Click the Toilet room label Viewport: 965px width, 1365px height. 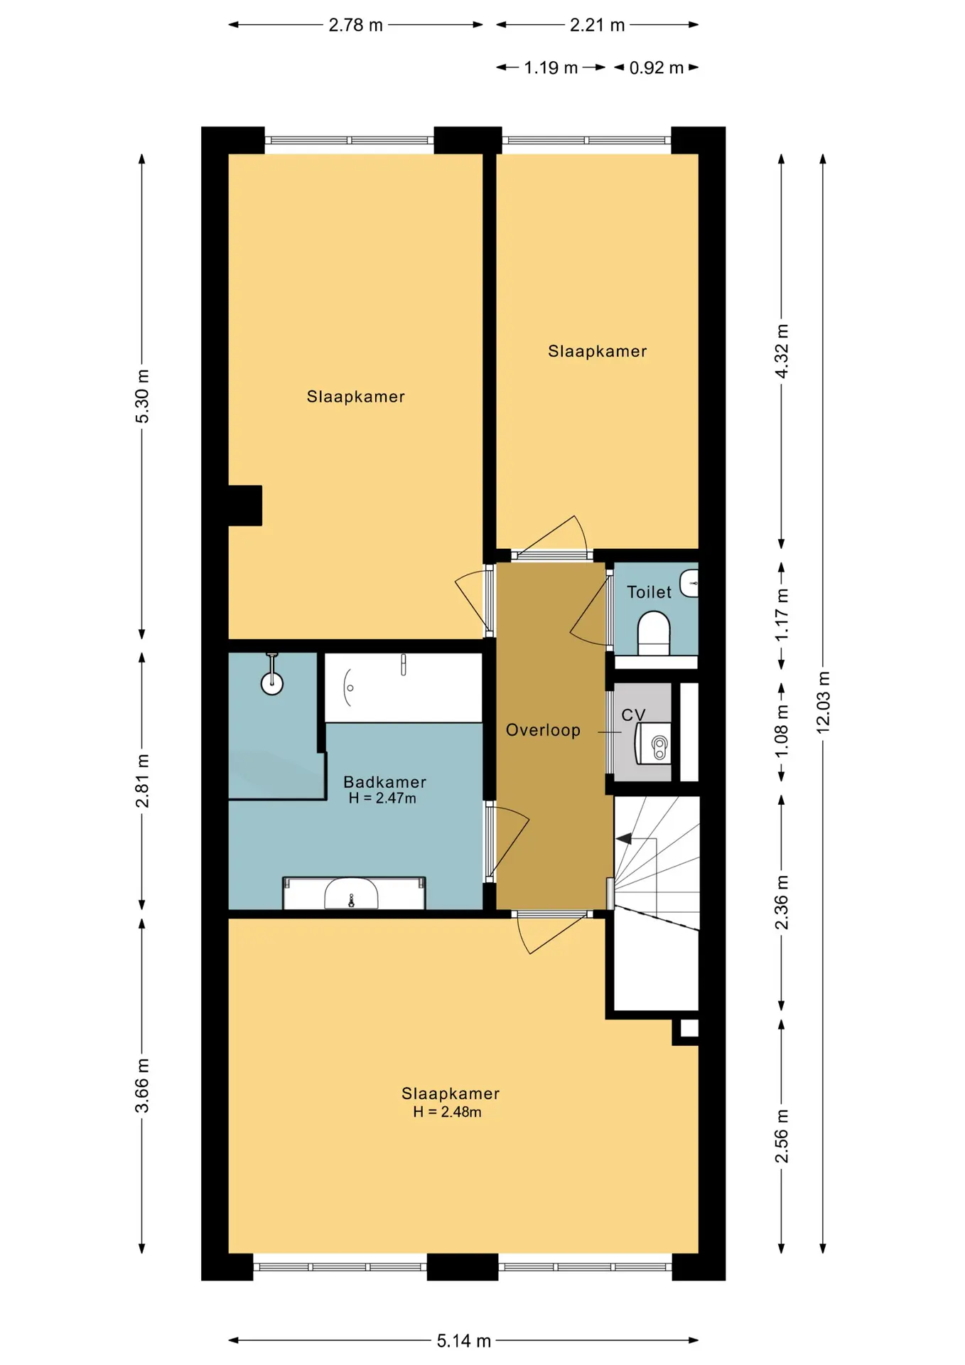point(649,591)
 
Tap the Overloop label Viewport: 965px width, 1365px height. point(543,730)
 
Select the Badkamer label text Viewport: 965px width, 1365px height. point(384,782)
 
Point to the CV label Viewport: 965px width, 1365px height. point(633,715)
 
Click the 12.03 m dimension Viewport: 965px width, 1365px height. point(823,702)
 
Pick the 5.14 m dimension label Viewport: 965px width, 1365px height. point(463,1341)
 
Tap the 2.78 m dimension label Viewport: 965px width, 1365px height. point(355,26)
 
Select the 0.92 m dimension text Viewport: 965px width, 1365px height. point(657,68)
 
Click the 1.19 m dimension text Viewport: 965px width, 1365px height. point(551,68)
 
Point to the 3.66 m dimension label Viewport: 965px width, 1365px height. point(142,1086)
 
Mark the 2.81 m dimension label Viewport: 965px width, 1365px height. point(142,781)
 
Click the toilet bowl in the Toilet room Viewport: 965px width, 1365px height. point(654,634)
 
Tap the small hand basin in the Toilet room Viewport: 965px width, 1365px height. point(689,583)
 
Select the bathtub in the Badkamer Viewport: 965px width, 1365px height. point(404,687)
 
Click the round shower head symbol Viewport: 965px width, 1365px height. point(272,684)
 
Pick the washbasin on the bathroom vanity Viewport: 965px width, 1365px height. point(351,894)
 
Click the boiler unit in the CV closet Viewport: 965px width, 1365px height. point(653,744)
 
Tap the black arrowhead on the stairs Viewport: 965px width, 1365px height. point(623,839)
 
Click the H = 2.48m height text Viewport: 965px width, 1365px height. point(447,1112)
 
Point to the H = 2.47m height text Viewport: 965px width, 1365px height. point(382,798)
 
